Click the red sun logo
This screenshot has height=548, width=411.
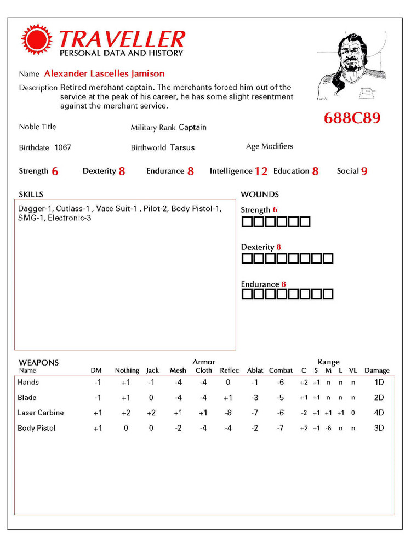(37, 40)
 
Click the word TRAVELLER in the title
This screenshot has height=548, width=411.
(122, 39)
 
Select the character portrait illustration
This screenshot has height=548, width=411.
(351, 66)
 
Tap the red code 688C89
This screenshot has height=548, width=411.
(352, 118)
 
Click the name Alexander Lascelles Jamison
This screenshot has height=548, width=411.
(104, 73)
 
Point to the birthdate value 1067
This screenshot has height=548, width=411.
(62, 147)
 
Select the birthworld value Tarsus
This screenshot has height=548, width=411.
(182, 147)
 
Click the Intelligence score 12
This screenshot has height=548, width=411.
(261, 172)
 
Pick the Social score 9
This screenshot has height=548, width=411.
(364, 172)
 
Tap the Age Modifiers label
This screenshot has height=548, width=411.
(269, 146)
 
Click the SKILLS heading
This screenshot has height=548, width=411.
(31, 194)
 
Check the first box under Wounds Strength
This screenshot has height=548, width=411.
(247, 222)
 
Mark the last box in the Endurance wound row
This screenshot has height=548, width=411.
(328, 294)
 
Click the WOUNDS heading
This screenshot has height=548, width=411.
(259, 194)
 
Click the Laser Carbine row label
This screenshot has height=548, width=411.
(41, 413)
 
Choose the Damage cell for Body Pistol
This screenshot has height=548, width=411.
(379, 428)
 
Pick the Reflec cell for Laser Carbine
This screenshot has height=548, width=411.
(228, 413)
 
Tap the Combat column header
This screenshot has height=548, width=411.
(281, 370)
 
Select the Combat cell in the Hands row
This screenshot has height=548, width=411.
(280, 382)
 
